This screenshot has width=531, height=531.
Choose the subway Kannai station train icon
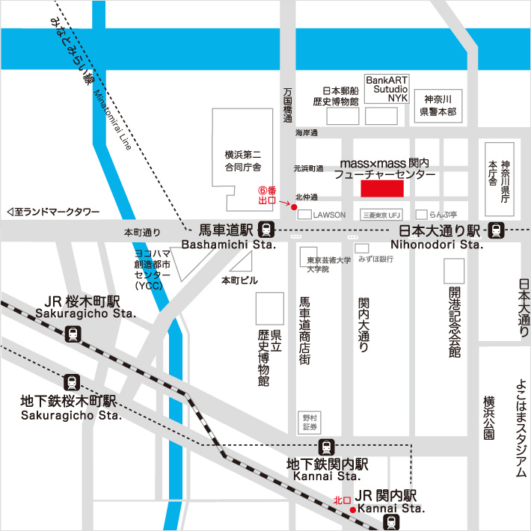pyautogui.click(x=327, y=447)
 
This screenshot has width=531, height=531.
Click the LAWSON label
pyautogui.click(x=329, y=215)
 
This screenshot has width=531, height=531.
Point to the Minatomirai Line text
pyautogui.click(x=113, y=120)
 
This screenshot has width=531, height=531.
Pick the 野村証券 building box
pyautogui.click(x=309, y=421)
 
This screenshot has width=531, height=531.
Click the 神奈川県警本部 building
pyautogui.click(x=440, y=106)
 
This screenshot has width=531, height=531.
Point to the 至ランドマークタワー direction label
pyautogui.click(x=52, y=212)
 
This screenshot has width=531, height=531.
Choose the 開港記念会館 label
pyautogui.click(x=455, y=321)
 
